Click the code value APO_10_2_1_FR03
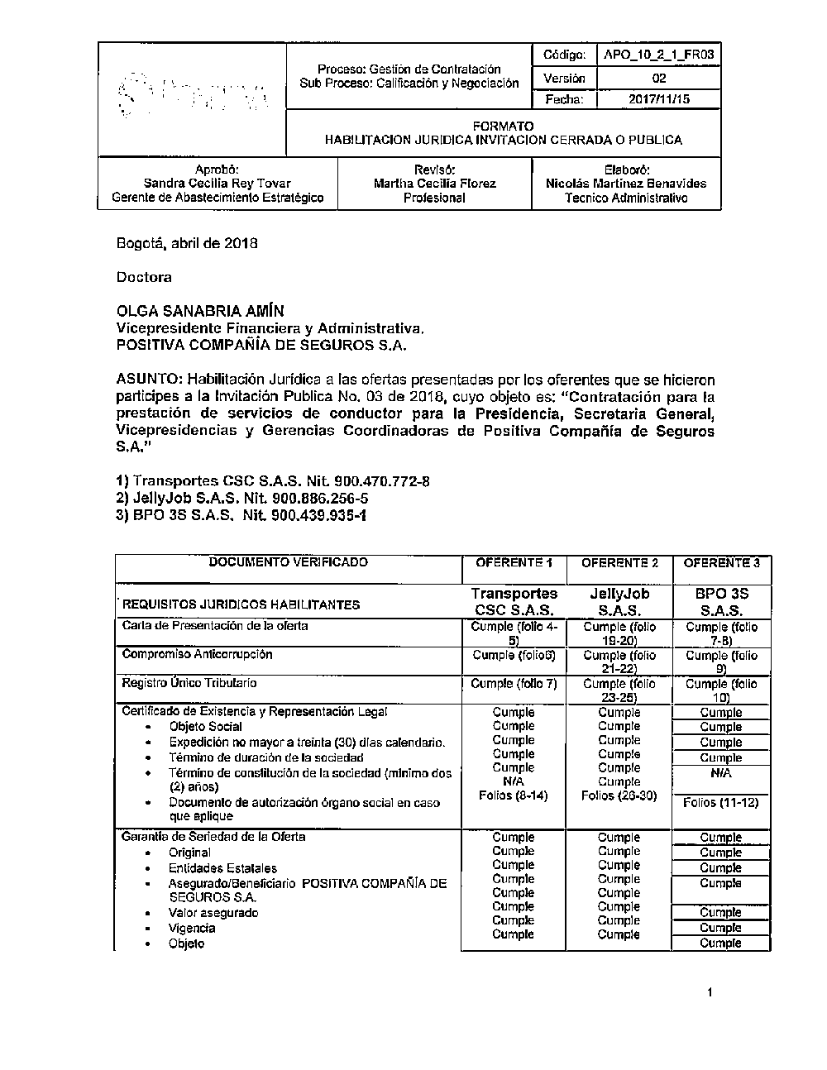coord(658,55)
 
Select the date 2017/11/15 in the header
coord(658,99)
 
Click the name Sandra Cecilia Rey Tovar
coord(217,184)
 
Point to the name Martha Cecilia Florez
coord(434,184)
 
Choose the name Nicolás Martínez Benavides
coord(626,184)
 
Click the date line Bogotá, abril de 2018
coord(187,243)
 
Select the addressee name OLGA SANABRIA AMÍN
coord(200,311)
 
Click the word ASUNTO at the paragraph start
coord(148,380)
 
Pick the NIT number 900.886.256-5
coord(319,499)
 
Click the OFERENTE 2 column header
coord(619,563)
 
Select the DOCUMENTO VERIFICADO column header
coord(288,562)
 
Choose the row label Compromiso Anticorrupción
coord(197,654)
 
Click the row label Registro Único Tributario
coord(189,683)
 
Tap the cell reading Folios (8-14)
coord(513,795)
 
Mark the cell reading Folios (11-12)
coord(720,802)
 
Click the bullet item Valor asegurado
coord(213,913)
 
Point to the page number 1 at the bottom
coord(710,992)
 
